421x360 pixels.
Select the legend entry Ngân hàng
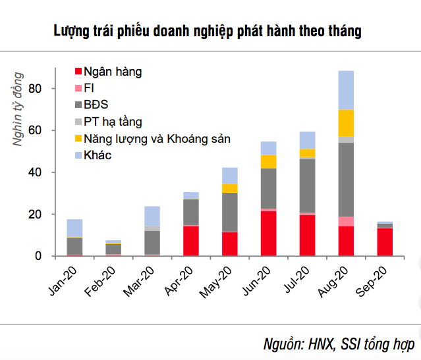coord(112,71)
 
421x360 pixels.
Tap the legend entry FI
coord(89,88)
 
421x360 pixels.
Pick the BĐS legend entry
coord(96,105)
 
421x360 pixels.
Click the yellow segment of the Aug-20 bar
coord(346,123)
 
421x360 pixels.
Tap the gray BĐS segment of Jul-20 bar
coord(307,186)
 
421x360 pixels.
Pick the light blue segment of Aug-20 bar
coord(346,90)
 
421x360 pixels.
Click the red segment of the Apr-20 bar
coord(191,240)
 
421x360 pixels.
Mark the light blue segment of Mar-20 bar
coord(152,216)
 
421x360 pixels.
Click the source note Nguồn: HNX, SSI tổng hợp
coord(338,344)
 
